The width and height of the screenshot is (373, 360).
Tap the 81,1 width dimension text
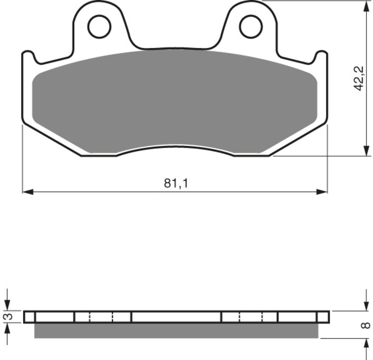pos(175,183)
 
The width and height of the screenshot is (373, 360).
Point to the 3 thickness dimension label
pos(7,317)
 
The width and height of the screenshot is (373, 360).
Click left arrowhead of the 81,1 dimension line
pos(27,191)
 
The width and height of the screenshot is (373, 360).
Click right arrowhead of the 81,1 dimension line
pos(323,191)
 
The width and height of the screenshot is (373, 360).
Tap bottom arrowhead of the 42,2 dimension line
pos(364,152)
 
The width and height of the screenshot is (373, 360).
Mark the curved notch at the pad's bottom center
pos(175,148)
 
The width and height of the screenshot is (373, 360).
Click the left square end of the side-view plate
pos(29,317)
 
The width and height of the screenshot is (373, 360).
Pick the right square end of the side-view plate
pos(323,317)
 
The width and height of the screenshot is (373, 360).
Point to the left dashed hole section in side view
pos(102,317)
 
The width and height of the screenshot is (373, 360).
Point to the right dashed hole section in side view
pos(251,317)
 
